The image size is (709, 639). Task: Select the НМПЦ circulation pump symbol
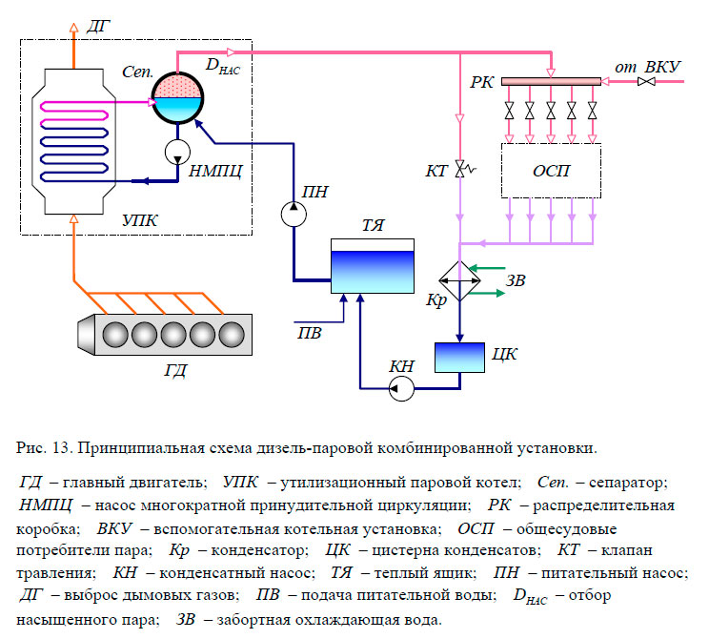(x=178, y=151)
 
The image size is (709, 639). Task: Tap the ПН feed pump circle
(x=292, y=215)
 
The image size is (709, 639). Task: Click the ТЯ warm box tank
(x=373, y=264)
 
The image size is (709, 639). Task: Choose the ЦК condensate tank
(x=459, y=357)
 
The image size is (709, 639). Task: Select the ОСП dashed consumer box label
(x=552, y=171)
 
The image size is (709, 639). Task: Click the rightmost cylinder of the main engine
(x=231, y=336)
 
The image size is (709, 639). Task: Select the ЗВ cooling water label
(x=516, y=280)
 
